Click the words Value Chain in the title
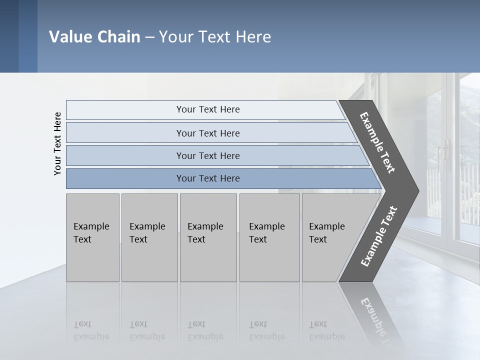pos(94,37)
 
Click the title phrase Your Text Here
pos(215,37)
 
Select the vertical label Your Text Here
pos(57,143)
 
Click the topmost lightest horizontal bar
pos(208,109)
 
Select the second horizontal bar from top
pos(208,133)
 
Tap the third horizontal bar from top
pos(208,155)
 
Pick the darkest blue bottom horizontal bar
pos(208,178)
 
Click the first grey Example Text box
pos(92,237)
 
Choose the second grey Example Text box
pos(149,237)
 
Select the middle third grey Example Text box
pos(208,237)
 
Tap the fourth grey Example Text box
pos(269,237)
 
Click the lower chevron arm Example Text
pos(379,236)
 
